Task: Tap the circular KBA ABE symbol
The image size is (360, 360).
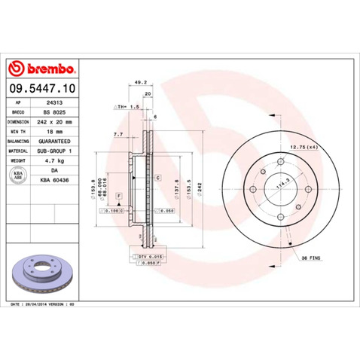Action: coord(16,175)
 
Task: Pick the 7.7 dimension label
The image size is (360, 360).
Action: coord(118,134)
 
